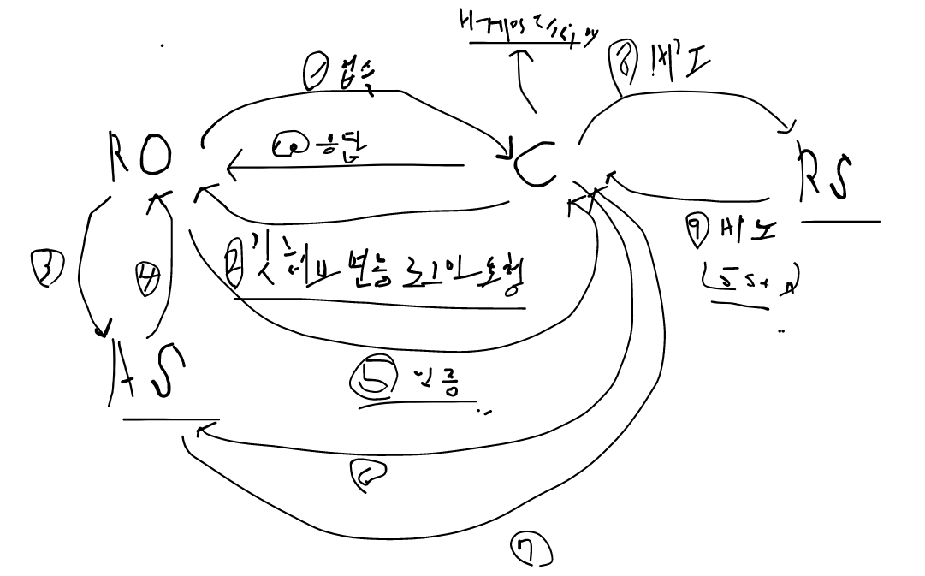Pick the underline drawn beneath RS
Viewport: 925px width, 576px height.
click(x=841, y=222)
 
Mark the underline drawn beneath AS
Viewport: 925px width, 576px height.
click(x=170, y=419)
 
